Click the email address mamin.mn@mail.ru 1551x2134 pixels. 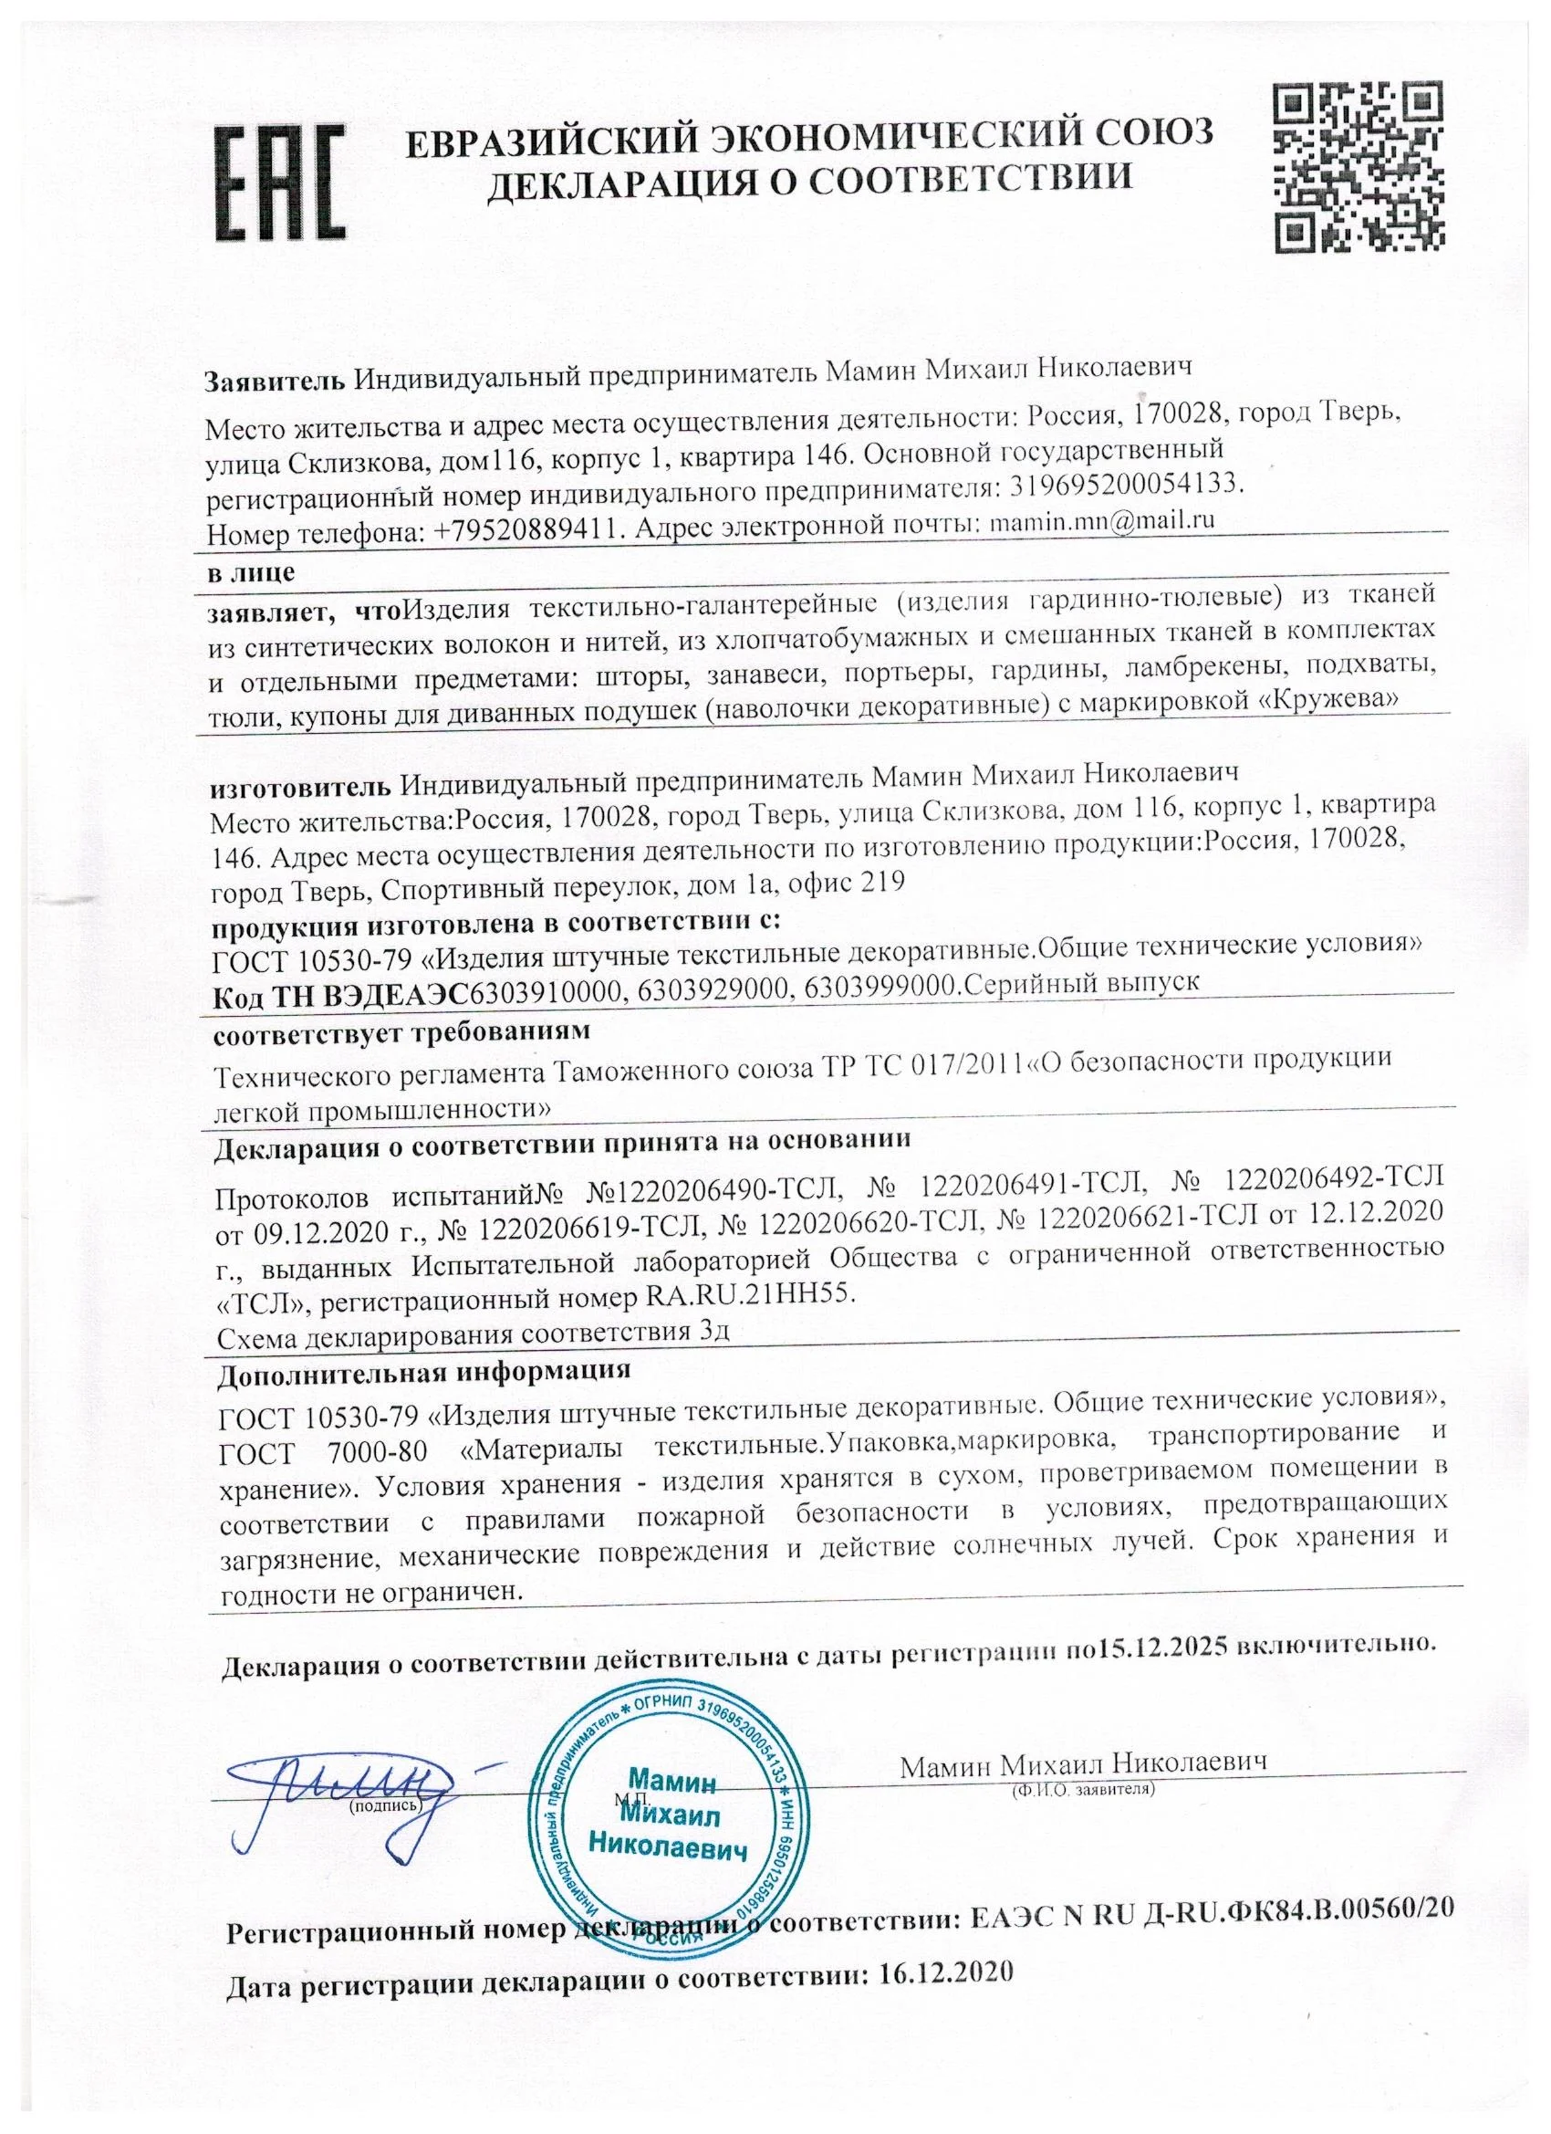[1098, 519]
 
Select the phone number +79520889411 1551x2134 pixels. [529, 531]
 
